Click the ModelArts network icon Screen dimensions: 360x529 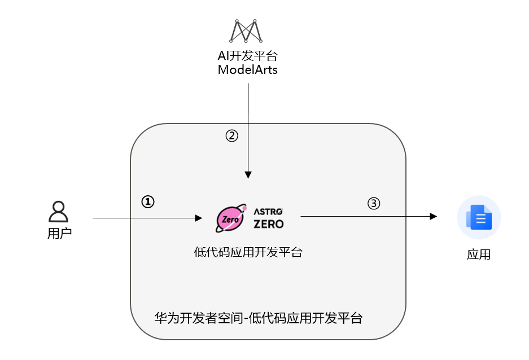click(x=246, y=31)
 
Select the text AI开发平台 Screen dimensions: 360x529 click(x=247, y=56)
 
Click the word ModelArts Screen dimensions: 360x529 click(x=247, y=70)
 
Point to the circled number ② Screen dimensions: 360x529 click(x=231, y=136)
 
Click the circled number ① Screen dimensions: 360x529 click(x=147, y=201)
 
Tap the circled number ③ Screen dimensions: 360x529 click(x=374, y=203)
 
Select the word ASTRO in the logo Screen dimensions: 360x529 click(x=268, y=211)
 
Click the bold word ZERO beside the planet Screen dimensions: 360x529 click(x=269, y=223)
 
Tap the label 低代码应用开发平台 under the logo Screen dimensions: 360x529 click(x=248, y=252)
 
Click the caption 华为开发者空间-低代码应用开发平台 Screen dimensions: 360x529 click(x=258, y=318)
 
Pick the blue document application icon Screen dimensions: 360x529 click(x=479, y=217)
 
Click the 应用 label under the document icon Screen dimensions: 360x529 click(x=479, y=254)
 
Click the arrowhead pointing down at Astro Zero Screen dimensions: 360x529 click(x=248, y=175)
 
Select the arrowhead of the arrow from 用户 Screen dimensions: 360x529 click(x=198, y=218)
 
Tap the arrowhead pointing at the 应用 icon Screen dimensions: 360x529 click(x=434, y=216)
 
